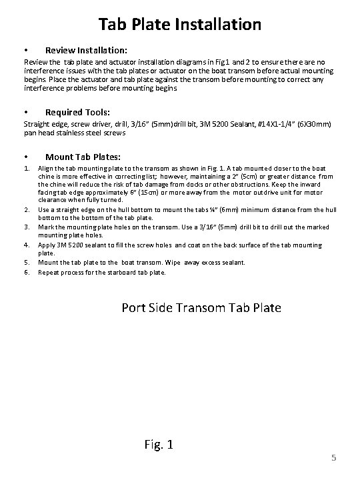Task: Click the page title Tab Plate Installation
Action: coord(180,25)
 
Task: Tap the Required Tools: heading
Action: coord(77,112)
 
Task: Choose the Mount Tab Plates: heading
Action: coord(83,157)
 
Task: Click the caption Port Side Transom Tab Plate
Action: coord(201,307)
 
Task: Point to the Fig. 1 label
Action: coord(158,443)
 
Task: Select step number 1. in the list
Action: coord(27,169)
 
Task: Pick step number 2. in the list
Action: coord(27,209)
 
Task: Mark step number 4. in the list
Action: coord(27,245)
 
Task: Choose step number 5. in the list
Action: coord(27,262)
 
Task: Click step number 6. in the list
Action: coord(27,271)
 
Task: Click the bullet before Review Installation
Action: coord(25,51)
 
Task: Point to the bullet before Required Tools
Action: coord(25,112)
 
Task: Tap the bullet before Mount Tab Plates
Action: coord(25,157)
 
